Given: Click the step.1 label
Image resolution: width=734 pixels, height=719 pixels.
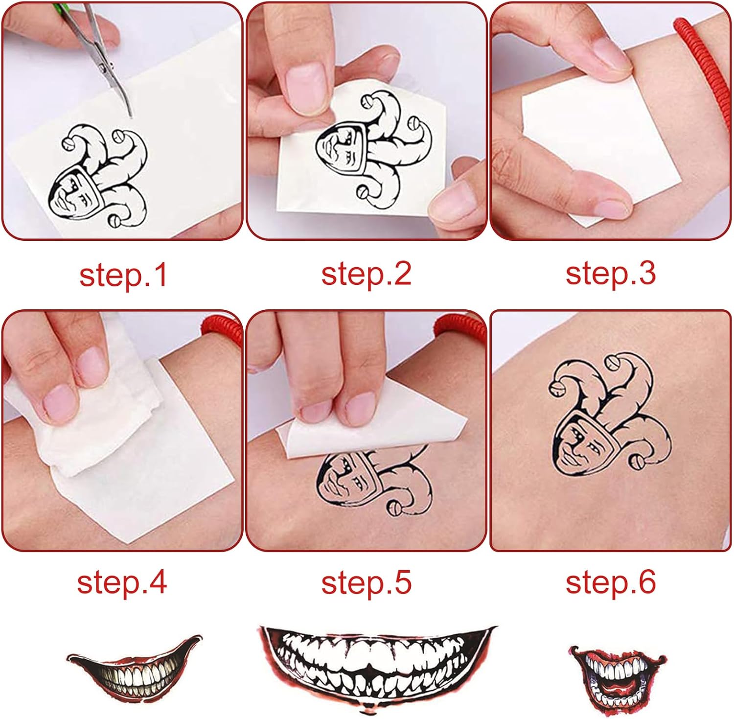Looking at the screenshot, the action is point(123,275).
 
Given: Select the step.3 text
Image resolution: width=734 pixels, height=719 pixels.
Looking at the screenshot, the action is point(610,273).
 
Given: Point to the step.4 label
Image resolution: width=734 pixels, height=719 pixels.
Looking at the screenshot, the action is point(122,582).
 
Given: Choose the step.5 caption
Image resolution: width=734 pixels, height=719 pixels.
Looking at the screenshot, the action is point(366,582).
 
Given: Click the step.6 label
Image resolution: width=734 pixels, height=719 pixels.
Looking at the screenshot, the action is point(610,582).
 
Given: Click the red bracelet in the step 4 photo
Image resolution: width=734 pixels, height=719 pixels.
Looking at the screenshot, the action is point(223,328).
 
